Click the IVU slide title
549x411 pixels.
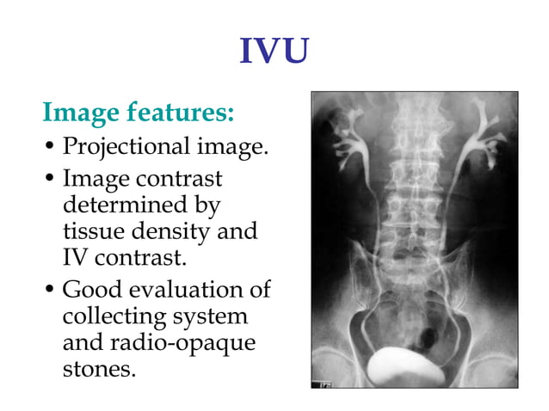click(274, 53)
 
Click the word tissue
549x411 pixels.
click(93, 231)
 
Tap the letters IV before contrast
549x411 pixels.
click(76, 257)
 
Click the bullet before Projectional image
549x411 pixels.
click(51, 149)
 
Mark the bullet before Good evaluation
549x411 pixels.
click(51, 291)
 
